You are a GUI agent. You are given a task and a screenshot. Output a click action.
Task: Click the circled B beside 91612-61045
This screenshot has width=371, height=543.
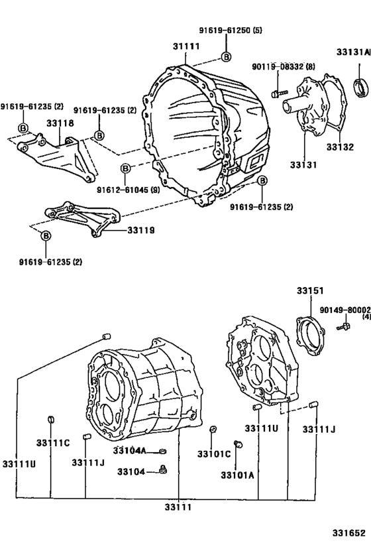click(127, 168)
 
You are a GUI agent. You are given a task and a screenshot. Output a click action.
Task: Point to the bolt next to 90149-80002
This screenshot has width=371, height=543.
click(344, 327)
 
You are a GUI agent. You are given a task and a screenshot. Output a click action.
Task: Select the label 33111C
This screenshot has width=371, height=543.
click(52, 442)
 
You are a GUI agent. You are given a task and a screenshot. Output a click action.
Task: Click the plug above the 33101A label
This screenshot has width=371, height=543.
click(237, 444)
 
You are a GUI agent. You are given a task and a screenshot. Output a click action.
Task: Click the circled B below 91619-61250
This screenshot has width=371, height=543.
click(226, 57)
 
